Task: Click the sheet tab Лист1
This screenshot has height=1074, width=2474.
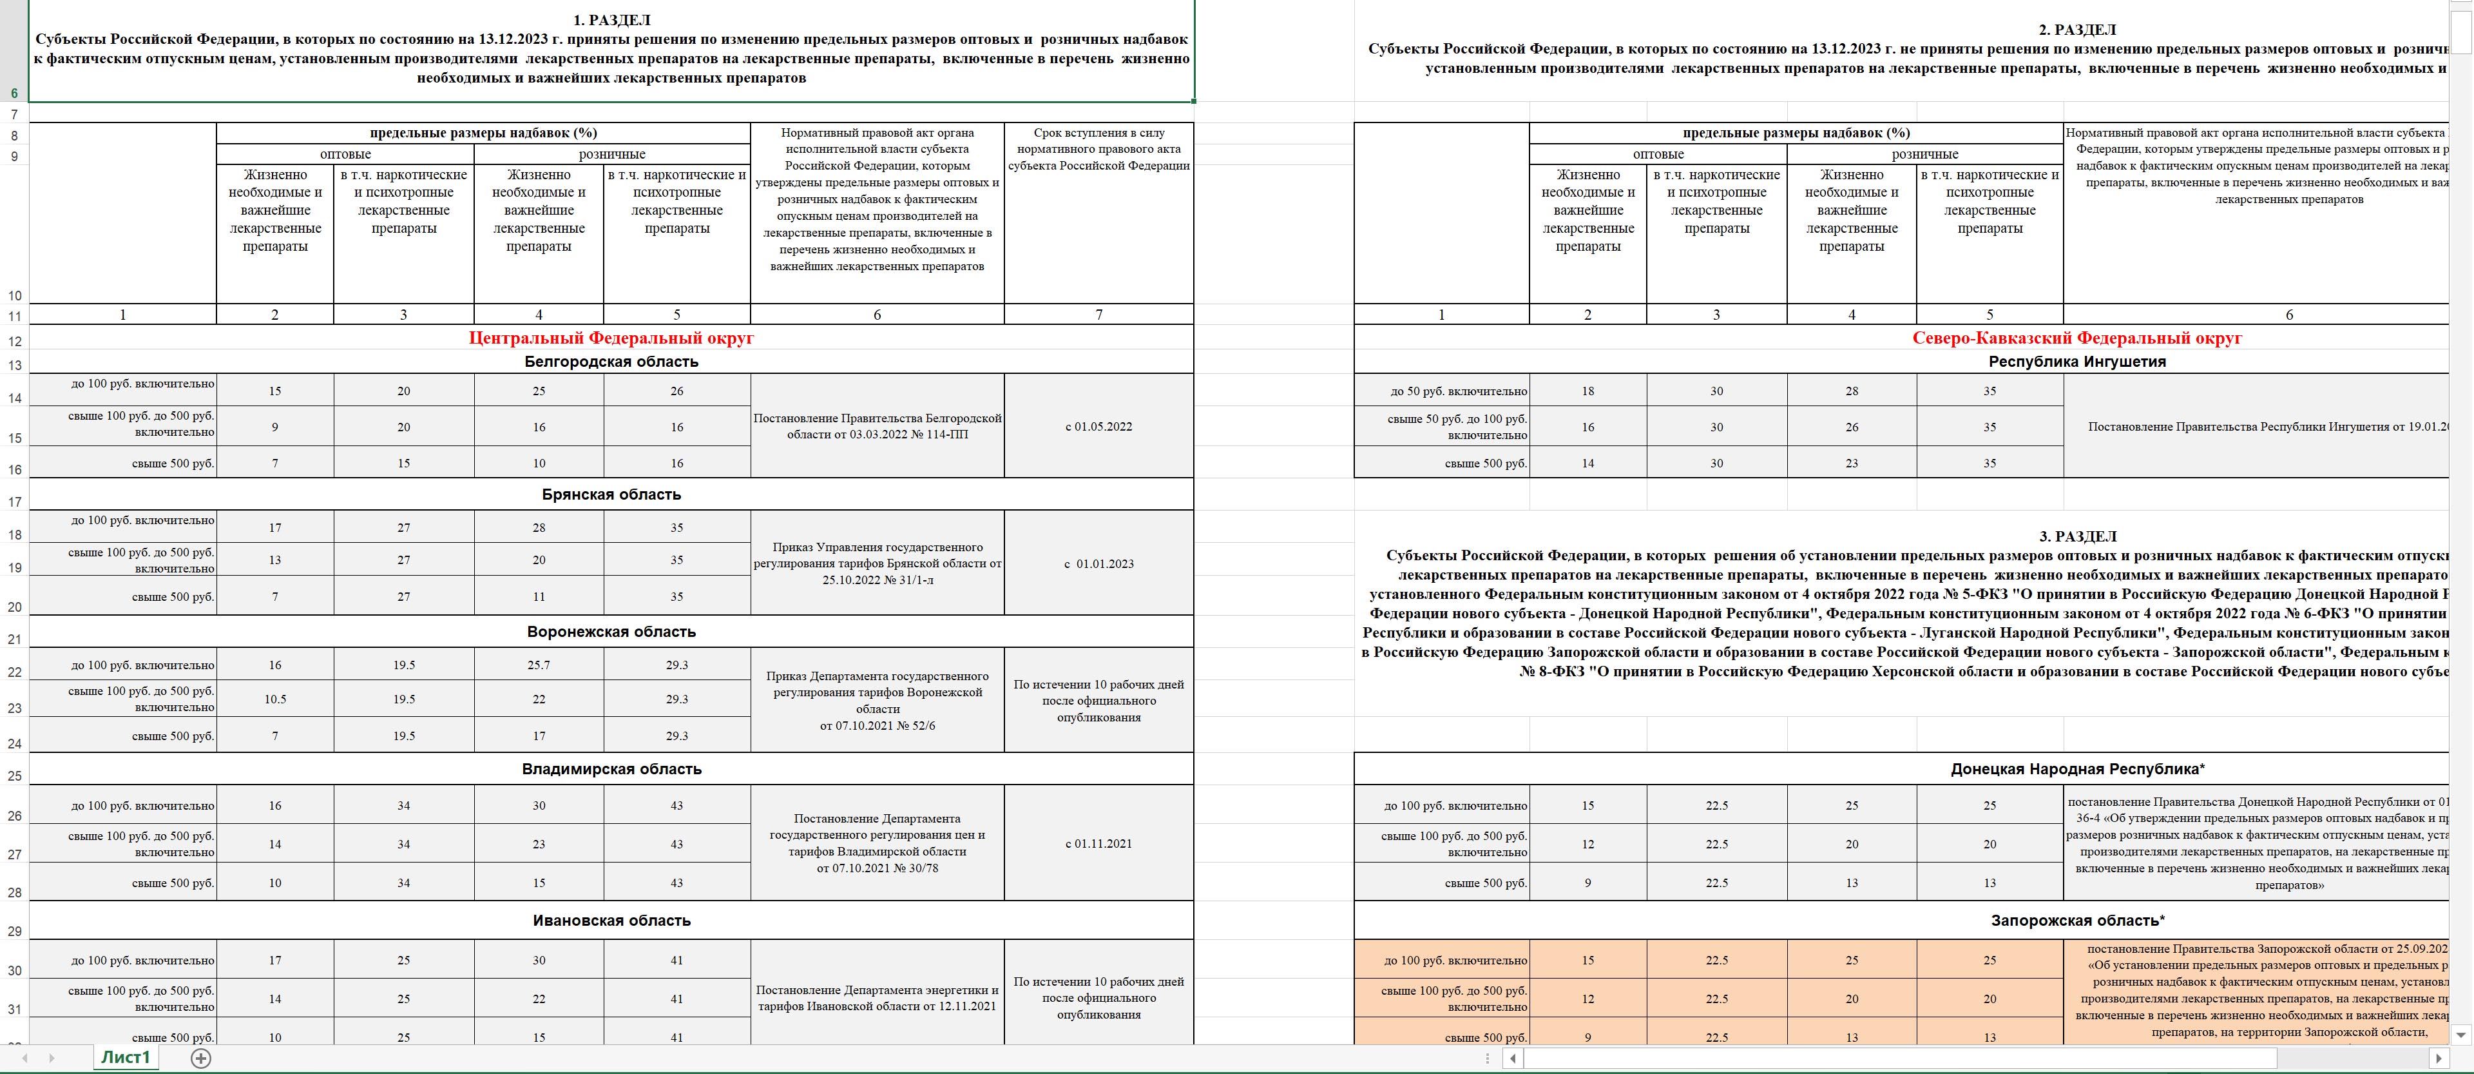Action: point(126,1058)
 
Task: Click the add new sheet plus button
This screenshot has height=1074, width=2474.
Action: point(201,1058)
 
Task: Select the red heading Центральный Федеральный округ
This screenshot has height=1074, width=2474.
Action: point(611,338)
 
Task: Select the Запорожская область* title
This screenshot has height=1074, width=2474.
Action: point(2076,921)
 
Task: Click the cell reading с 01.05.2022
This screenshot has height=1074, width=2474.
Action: point(1098,427)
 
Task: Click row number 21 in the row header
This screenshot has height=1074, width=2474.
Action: point(14,640)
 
